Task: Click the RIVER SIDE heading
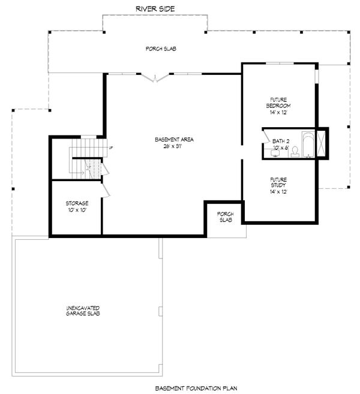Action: (155, 8)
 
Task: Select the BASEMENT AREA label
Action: (174, 139)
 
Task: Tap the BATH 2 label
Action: (281, 141)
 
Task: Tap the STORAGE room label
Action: (77, 204)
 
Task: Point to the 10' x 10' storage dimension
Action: (77, 210)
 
